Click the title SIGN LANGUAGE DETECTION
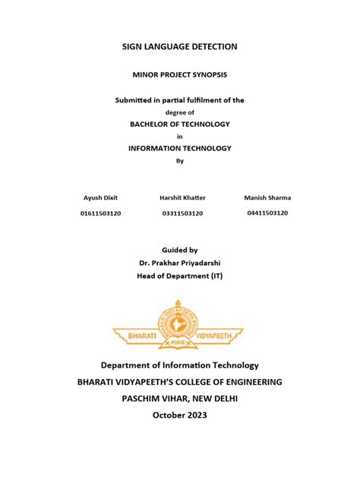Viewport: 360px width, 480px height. pyautogui.click(x=180, y=47)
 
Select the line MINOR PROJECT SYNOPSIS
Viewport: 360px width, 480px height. pyautogui.click(x=180, y=76)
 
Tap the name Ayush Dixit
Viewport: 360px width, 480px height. pyautogui.click(x=101, y=197)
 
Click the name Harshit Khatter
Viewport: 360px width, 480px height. pyautogui.click(x=182, y=197)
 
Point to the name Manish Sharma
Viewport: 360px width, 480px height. pyautogui.click(x=267, y=197)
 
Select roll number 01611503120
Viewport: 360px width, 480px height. pyautogui.click(x=101, y=213)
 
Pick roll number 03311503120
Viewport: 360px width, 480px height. pyautogui.click(x=182, y=213)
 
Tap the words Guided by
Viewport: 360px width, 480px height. pyautogui.click(x=180, y=249)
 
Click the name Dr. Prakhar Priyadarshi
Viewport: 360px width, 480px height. pyautogui.click(x=180, y=262)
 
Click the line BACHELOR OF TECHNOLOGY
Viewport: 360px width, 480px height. pyautogui.click(x=180, y=124)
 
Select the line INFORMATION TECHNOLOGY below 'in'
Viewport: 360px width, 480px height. pyautogui.click(x=180, y=148)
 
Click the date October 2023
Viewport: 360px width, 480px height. pyautogui.click(x=180, y=415)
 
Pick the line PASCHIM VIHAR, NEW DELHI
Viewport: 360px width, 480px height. pyautogui.click(x=180, y=398)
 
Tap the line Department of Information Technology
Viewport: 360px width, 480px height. pyautogui.click(x=180, y=365)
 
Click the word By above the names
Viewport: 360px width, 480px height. pyautogui.click(x=180, y=160)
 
